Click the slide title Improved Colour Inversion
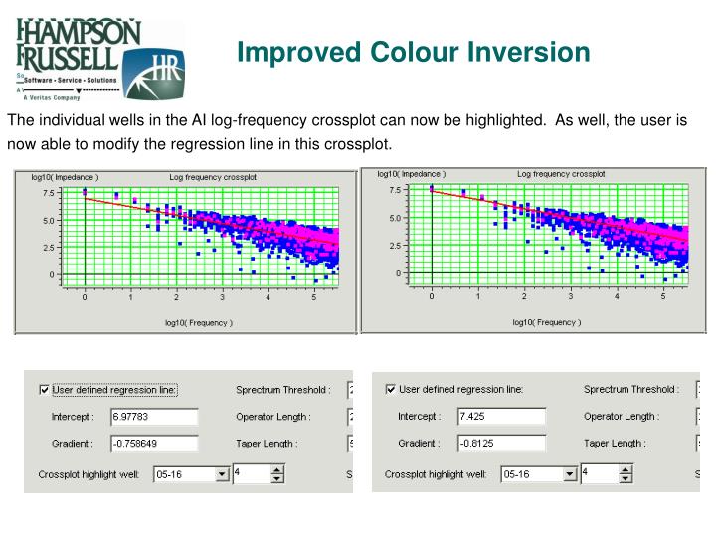(x=413, y=52)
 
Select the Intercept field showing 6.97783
(x=154, y=416)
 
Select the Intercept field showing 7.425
(x=501, y=416)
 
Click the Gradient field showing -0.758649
(x=154, y=444)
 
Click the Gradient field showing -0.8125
(x=501, y=444)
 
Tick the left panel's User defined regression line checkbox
(x=43, y=390)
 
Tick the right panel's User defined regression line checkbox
(x=390, y=389)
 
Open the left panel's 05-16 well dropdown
(x=223, y=475)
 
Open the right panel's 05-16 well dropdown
(x=570, y=475)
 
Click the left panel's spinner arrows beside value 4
(x=277, y=475)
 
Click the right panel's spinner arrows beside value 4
(x=625, y=475)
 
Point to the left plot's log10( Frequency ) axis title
(x=199, y=322)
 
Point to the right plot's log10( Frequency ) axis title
(x=546, y=322)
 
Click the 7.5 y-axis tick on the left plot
(x=49, y=194)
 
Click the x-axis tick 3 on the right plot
(x=571, y=296)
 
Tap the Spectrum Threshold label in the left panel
(x=283, y=390)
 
